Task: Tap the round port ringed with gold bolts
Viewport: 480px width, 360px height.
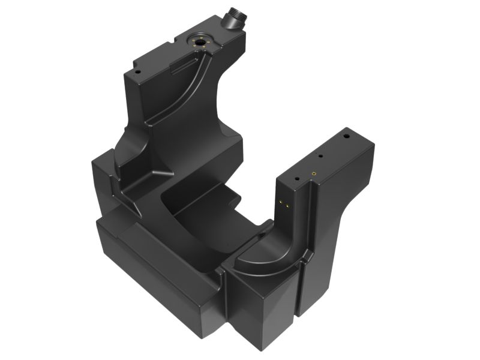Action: tap(197, 42)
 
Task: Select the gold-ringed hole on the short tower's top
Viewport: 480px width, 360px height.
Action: tap(313, 173)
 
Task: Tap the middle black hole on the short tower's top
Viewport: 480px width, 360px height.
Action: tap(321, 157)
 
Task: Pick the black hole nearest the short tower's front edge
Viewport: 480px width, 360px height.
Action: tap(296, 178)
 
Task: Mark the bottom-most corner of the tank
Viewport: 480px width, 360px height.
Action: tap(259, 349)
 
